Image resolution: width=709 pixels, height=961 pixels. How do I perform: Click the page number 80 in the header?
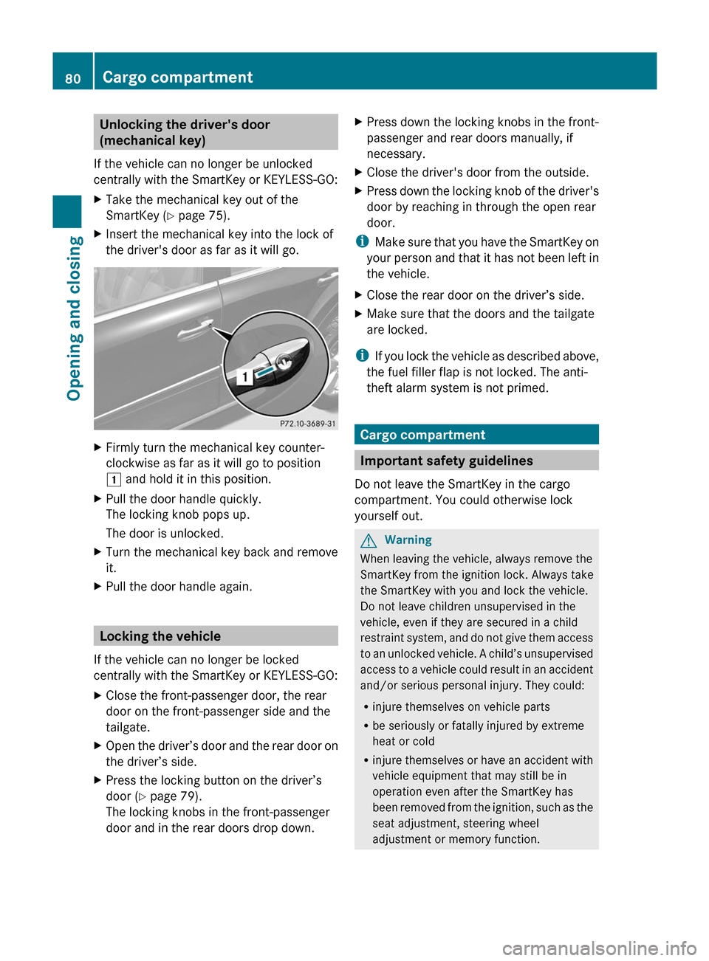[x=72, y=78]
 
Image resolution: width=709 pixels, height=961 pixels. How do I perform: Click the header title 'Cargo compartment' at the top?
[x=177, y=77]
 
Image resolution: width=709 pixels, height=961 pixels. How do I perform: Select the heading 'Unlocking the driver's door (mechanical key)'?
[x=185, y=132]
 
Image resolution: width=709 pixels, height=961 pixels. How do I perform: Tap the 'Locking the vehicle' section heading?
[x=160, y=636]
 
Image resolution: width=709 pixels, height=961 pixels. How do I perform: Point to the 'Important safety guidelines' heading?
[x=446, y=461]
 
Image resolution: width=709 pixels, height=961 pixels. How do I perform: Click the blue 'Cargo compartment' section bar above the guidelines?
[x=422, y=435]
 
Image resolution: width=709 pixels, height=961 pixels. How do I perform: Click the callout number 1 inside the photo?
[x=244, y=377]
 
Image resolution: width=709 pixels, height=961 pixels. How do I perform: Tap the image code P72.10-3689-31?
[x=307, y=424]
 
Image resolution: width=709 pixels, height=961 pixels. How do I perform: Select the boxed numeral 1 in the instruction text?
[x=114, y=479]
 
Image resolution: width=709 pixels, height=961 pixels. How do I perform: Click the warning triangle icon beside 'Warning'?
[x=369, y=540]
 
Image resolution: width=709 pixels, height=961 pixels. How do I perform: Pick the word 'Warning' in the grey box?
[x=408, y=540]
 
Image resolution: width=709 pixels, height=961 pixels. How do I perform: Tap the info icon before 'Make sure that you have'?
[x=362, y=241]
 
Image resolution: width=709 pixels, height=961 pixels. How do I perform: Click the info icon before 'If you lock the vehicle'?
[x=362, y=356]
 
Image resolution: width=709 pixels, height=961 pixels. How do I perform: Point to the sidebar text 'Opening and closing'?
[x=74, y=318]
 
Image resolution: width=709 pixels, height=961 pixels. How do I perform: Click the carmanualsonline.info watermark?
[x=599, y=948]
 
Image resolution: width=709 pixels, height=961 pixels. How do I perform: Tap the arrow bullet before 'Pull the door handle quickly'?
[x=98, y=499]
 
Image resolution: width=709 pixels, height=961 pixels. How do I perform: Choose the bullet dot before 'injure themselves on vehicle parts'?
[x=366, y=707]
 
